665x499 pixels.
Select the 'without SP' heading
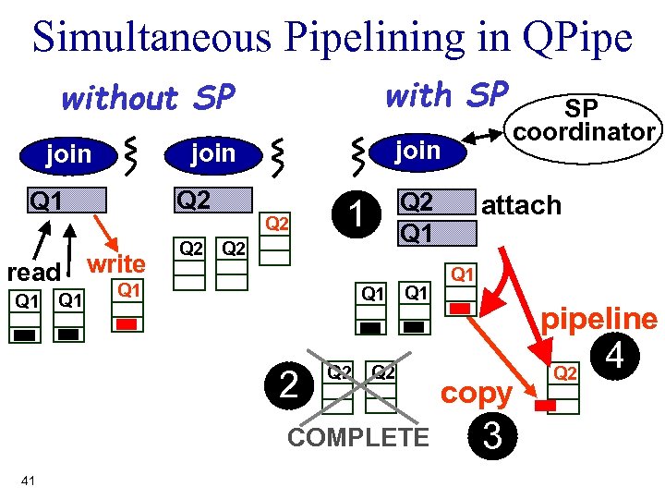click(148, 97)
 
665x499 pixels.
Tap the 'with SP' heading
click(446, 94)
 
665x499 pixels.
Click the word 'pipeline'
click(599, 320)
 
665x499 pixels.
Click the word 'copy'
click(476, 393)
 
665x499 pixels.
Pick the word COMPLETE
click(358, 436)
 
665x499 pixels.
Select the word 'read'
click(33, 273)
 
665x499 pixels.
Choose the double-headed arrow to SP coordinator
click(483, 137)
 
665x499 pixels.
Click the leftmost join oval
click(69, 152)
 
